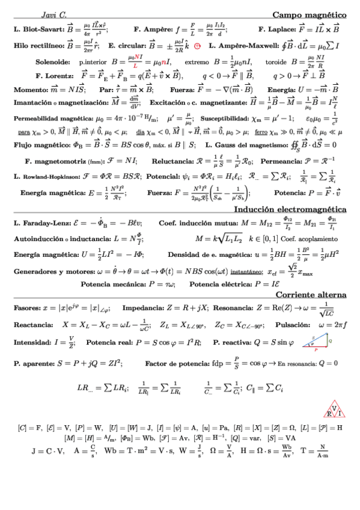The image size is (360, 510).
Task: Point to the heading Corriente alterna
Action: pos(311,295)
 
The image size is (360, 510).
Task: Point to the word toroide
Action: pos(276,61)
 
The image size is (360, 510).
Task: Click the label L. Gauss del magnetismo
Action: pos(244,145)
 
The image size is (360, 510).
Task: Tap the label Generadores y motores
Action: pos(50,271)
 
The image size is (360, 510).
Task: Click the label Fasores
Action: pos(25,308)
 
